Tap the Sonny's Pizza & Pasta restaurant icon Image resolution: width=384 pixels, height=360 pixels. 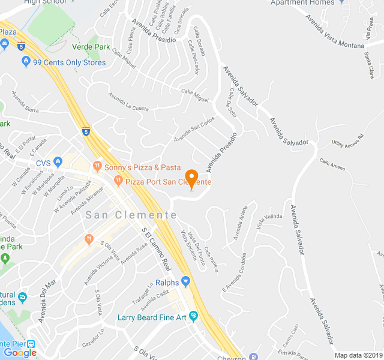(97, 166)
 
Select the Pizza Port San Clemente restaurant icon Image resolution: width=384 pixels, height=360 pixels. (119, 180)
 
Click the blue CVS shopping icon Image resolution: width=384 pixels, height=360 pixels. (58, 162)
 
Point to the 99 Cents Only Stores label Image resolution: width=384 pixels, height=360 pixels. (69, 62)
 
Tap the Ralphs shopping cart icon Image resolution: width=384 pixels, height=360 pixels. (186, 281)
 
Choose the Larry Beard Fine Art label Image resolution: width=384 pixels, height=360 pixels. (152, 316)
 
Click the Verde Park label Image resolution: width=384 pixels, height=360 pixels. (91, 47)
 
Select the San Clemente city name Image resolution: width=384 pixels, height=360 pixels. (131, 215)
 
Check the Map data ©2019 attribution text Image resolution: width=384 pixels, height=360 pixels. (358, 355)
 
